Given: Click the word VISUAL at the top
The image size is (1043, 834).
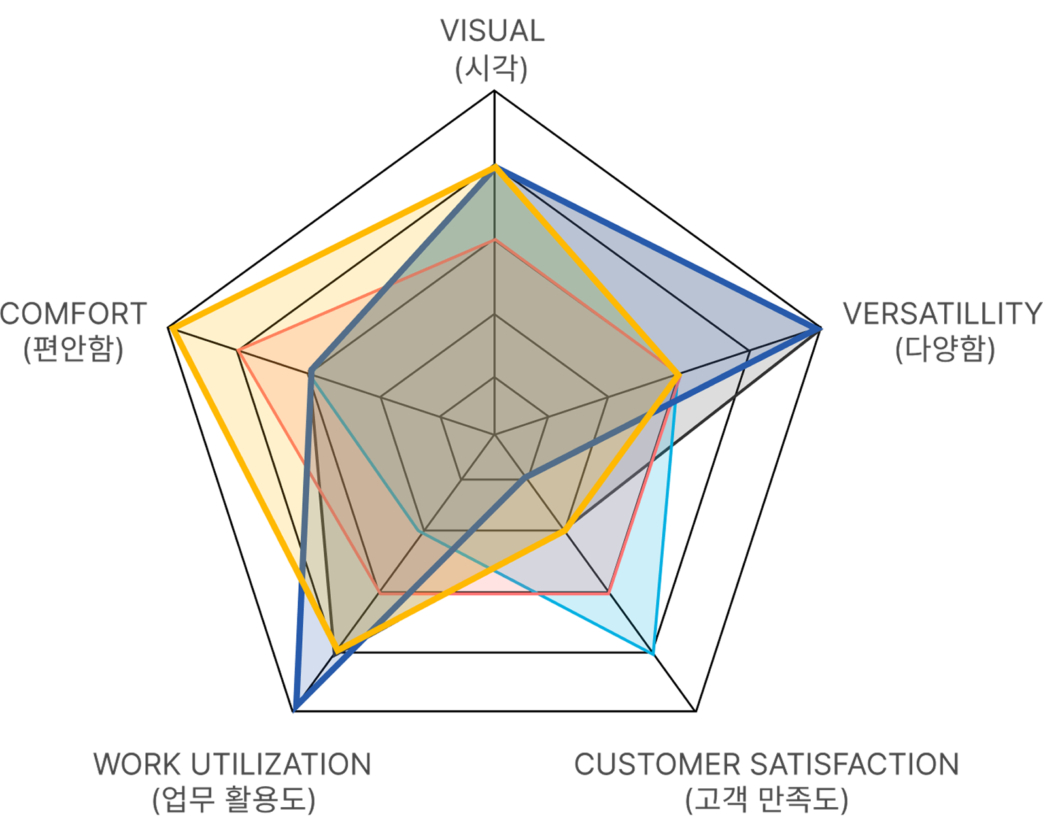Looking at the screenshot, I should [492, 31].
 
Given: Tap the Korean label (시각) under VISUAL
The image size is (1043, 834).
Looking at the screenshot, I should [492, 69].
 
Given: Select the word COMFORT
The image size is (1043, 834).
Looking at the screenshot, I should [74, 314].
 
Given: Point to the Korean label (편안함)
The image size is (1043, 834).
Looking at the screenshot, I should [74, 350].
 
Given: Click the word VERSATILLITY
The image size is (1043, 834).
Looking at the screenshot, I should [942, 314].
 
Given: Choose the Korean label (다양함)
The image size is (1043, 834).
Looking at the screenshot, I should [945, 350].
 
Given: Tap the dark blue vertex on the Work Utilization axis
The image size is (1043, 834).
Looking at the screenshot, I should [295, 707].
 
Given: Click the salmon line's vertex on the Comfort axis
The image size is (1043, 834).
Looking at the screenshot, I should [240, 351].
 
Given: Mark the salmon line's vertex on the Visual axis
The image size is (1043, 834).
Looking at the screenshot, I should [495, 241].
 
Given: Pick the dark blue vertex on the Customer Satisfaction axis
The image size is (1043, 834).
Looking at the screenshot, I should [526, 478].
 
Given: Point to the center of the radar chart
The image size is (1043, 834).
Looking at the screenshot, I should [495, 433].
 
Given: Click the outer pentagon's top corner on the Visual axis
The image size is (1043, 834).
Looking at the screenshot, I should [495, 93].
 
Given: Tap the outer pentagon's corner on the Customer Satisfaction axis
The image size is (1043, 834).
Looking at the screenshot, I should [695, 709].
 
